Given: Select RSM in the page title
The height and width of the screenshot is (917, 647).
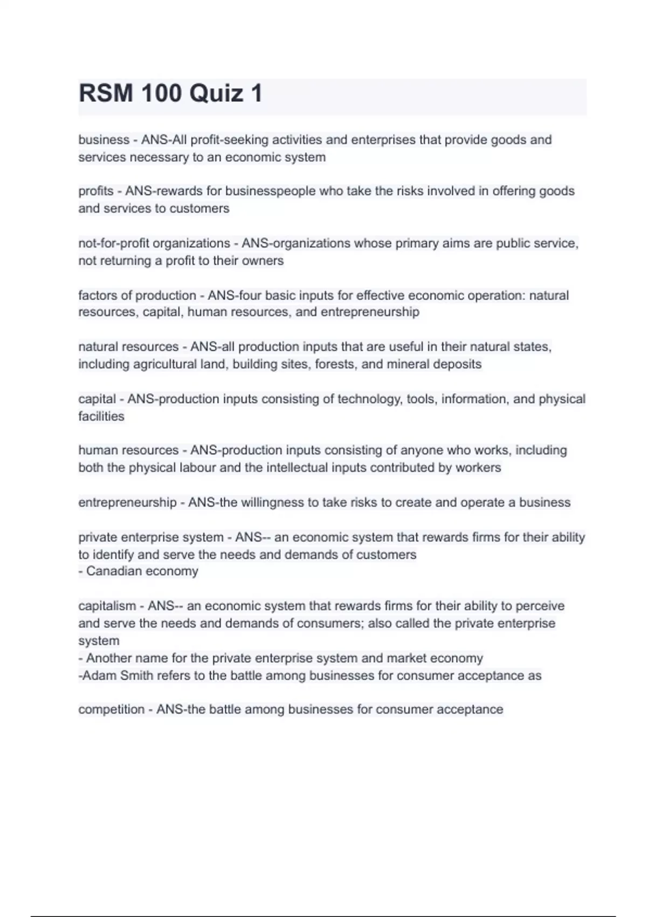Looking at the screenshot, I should (106, 93).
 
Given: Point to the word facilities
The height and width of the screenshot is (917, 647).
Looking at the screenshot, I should (101, 416).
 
